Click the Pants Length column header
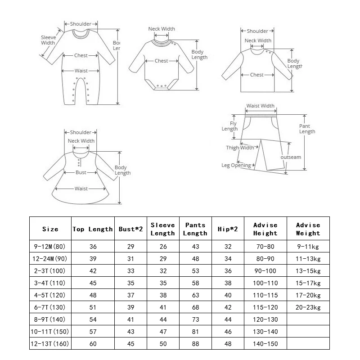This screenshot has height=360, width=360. tap(195, 229)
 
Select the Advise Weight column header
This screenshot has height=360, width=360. tap(308, 229)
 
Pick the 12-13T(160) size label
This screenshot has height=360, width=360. tap(50, 344)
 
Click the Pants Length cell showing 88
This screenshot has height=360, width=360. tap(195, 344)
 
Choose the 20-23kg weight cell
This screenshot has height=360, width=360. tap(308, 307)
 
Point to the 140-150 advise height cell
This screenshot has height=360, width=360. tap(265, 344)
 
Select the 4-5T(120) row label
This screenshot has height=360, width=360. tap(50, 295)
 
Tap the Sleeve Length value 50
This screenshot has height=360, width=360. tap(162, 344)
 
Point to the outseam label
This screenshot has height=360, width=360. tap(291, 157)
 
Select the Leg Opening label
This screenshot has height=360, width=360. tap(236, 165)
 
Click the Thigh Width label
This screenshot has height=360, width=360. tap(239, 148)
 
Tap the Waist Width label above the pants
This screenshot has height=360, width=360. tap(260, 106)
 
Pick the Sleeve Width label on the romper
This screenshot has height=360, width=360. tap(48, 40)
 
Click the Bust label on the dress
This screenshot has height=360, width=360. tap(81, 172)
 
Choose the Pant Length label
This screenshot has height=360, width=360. tap(307, 129)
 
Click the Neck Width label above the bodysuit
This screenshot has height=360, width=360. tap(162, 29)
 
